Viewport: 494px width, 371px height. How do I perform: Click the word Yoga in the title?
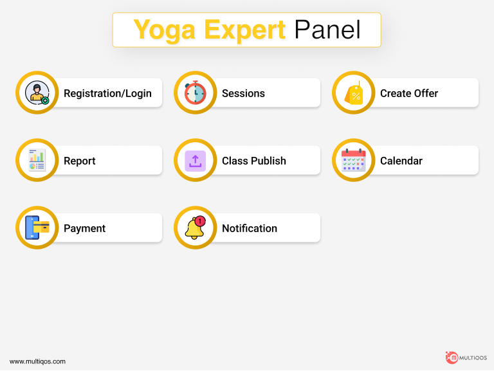pyautogui.click(x=165, y=30)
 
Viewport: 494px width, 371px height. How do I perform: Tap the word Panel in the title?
pyautogui.click(x=327, y=30)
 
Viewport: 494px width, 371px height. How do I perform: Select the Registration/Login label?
pyautogui.click(x=108, y=93)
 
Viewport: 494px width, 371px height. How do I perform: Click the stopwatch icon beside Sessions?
pyautogui.click(x=195, y=93)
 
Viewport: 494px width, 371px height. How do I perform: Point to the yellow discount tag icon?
pyautogui.click(x=354, y=93)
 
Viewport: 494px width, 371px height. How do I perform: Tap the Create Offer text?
pyautogui.click(x=409, y=93)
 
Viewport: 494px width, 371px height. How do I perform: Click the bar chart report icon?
pyautogui.click(x=37, y=160)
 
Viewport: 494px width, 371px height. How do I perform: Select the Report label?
pyautogui.click(x=79, y=161)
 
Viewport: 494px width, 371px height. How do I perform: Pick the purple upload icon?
pyautogui.click(x=196, y=161)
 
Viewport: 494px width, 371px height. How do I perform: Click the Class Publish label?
pyautogui.click(x=254, y=161)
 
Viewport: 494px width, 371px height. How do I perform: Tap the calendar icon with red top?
pyautogui.click(x=354, y=160)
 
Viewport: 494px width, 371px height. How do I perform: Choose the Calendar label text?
pyautogui.click(x=401, y=161)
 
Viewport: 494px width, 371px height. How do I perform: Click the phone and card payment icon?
pyautogui.click(x=37, y=228)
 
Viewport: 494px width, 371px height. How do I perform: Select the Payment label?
pyautogui.click(x=84, y=228)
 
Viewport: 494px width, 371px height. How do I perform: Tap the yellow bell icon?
pyautogui.click(x=194, y=228)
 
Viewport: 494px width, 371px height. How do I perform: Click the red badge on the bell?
pyautogui.click(x=200, y=221)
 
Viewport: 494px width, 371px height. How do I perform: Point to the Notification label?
pyautogui.click(x=250, y=228)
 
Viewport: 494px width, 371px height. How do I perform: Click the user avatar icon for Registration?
pyautogui.click(x=37, y=93)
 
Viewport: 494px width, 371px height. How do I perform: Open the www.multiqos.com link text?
pyautogui.click(x=37, y=361)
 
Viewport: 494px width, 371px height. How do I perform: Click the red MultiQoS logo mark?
pyautogui.click(x=452, y=357)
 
